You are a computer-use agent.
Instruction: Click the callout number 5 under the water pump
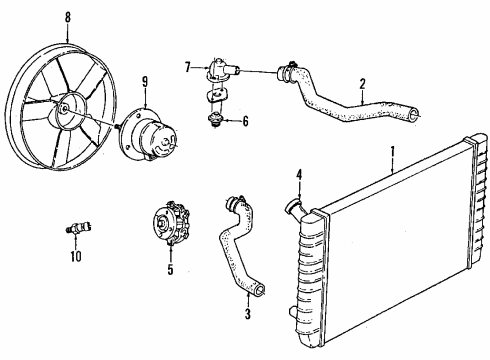pos(169,268)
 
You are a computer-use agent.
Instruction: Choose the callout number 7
pos(187,67)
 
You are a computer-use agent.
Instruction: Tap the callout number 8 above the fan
pos(67,17)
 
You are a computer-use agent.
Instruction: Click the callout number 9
pos(146,81)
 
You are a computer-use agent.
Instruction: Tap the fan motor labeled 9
pos(150,124)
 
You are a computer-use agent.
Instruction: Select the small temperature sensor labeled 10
pos(75,228)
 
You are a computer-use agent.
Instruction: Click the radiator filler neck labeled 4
pos(294,208)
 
